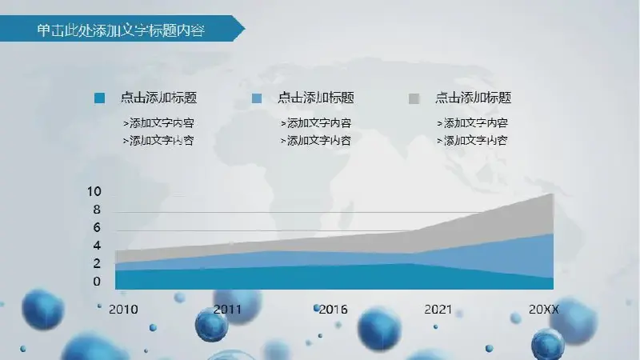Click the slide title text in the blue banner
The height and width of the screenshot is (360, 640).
pyautogui.click(x=121, y=30)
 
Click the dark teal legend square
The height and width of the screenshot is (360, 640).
pyautogui.click(x=99, y=98)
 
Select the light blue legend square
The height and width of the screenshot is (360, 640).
pyautogui.click(x=257, y=98)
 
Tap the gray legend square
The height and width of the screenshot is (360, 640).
pyautogui.click(x=414, y=98)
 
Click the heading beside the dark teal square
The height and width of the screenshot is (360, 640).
pyautogui.click(x=158, y=98)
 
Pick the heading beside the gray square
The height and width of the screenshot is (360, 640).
pyautogui.click(x=473, y=98)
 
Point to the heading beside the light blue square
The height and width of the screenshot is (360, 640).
pyautogui.click(x=316, y=98)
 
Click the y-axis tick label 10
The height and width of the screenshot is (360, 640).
pyautogui.click(x=94, y=191)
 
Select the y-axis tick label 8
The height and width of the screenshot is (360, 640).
pyautogui.click(x=97, y=210)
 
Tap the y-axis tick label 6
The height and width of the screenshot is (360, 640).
pyautogui.click(x=97, y=227)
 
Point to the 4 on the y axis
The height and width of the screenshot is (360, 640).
pyautogui.click(x=97, y=246)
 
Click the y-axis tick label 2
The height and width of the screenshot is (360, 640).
pyautogui.click(x=97, y=263)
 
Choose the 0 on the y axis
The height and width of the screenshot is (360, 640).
pyautogui.click(x=97, y=282)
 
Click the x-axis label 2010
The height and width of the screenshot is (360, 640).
pyautogui.click(x=123, y=310)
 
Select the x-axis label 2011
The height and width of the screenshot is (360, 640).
pyautogui.click(x=227, y=310)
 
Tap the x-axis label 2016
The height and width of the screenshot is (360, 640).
pyautogui.click(x=333, y=310)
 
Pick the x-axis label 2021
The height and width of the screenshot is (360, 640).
pyautogui.click(x=438, y=310)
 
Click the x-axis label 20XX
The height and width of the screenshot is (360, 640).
pyautogui.click(x=544, y=310)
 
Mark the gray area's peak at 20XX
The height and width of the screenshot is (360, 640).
pyautogui.click(x=553, y=194)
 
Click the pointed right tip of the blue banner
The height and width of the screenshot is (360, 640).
pyautogui.click(x=245, y=29)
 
